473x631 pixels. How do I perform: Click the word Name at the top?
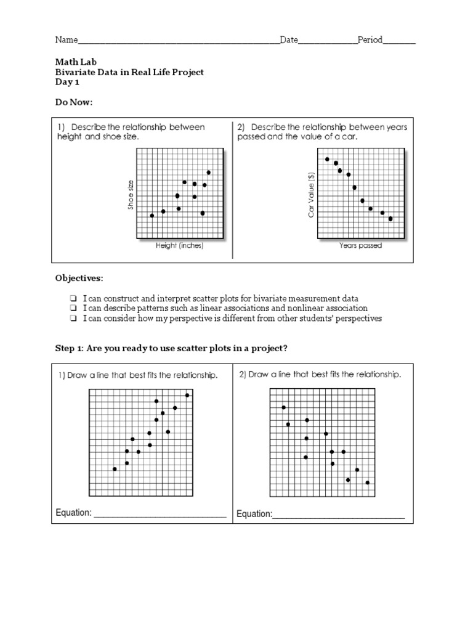(x=67, y=40)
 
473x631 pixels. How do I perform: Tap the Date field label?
(x=289, y=40)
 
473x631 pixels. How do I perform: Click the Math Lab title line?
(x=76, y=62)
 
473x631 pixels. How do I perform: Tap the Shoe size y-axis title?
(x=131, y=195)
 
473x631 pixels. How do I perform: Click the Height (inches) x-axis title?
(x=179, y=245)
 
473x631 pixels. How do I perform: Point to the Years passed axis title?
(x=360, y=245)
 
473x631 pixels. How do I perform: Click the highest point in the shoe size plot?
(x=209, y=173)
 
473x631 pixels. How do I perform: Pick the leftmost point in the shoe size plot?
(x=152, y=216)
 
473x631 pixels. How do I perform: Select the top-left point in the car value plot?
(x=327, y=159)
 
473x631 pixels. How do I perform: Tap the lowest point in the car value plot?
(x=390, y=219)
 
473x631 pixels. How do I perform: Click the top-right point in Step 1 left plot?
(x=187, y=395)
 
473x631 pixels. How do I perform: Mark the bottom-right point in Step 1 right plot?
(x=368, y=482)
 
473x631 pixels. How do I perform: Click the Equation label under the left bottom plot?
(x=73, y=513)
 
